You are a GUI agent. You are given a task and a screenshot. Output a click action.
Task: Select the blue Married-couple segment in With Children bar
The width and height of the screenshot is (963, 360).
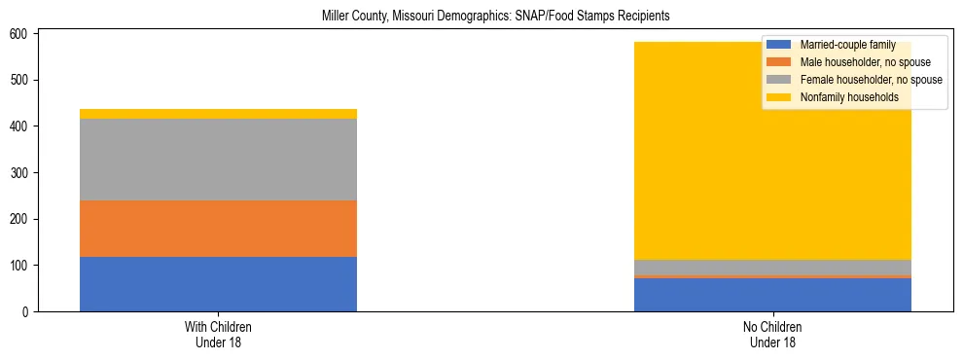218,284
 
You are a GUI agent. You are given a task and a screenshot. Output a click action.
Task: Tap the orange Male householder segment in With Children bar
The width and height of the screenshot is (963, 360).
218,229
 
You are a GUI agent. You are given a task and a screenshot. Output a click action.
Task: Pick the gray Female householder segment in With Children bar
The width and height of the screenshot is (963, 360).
218,160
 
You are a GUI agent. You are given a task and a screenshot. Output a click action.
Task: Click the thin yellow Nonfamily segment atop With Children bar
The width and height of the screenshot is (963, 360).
218,114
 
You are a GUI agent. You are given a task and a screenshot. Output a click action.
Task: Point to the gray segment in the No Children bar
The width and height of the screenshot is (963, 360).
772,268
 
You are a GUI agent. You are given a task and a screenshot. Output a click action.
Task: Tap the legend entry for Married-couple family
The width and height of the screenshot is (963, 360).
847,45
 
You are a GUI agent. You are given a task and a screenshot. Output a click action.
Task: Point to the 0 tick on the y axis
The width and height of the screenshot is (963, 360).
27,312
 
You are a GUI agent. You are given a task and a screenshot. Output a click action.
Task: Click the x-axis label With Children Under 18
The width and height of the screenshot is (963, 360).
218,335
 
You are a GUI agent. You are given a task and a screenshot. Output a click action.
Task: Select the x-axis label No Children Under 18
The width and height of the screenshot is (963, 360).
772,335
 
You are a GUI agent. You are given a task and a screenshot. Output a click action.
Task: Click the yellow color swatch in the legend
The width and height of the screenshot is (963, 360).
779,97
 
